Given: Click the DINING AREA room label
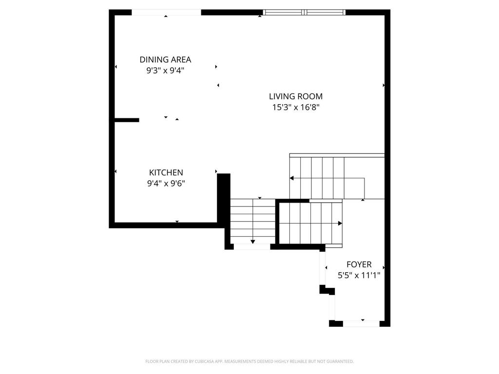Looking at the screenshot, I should pyautogui.click(x=165, y=59).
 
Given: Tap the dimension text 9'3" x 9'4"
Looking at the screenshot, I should pyautogui.click(x=165, y=70).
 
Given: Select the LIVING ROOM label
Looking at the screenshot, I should pyautogui.click(x=296, y=96).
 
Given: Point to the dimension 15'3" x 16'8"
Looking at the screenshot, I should pyautogui.click(x=296, y=107).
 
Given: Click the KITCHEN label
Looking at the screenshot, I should pyautogui.click(x=166, y=172).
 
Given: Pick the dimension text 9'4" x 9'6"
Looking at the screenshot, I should pyautogui.click(x=166, y=183).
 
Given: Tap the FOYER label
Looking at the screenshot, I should pyautogui.click(x=359, y=264).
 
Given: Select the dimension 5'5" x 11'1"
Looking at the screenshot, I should pyautogui.click(x=359, y=275).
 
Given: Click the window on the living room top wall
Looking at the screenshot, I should pyautogui.click(x=304, y=12).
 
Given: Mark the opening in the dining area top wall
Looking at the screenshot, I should pyautogui.click(x=166, y=12).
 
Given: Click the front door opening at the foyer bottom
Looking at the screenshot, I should pyautogui.click(x=362, y=323).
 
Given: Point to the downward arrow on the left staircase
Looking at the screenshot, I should pyautogui.click(x=253, y=241).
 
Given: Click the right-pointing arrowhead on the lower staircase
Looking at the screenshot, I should pyautogui.click(x=340, y=224).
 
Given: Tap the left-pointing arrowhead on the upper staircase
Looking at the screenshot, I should pyautogui.click(x=292, y=178).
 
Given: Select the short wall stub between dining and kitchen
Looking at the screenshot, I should pyautogui.click(x=127, y=120).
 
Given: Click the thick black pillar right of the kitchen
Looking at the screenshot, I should pyautogui.click(x=224, y=197).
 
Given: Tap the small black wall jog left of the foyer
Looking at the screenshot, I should pyautogui.click(x=326, y=290).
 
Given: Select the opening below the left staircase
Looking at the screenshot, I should pyautogui.click(x=252, y=247).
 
